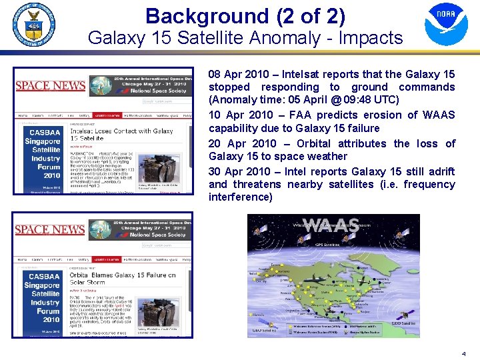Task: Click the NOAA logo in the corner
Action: (x=446, y=25)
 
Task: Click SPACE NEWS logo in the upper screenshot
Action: (x=50, y=85)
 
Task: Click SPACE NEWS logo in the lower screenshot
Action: (x=50, y=229)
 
